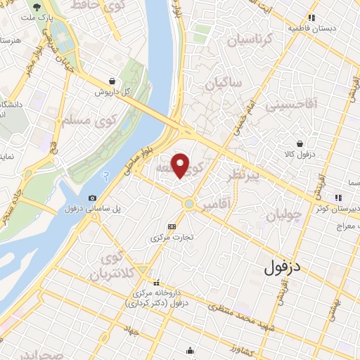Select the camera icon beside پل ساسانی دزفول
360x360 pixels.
point(93,198)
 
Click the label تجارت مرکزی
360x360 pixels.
point(172,238)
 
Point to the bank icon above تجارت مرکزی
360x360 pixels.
point(172,226)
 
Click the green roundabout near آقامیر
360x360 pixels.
point(189,204)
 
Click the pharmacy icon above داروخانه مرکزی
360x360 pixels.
point(156,283)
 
